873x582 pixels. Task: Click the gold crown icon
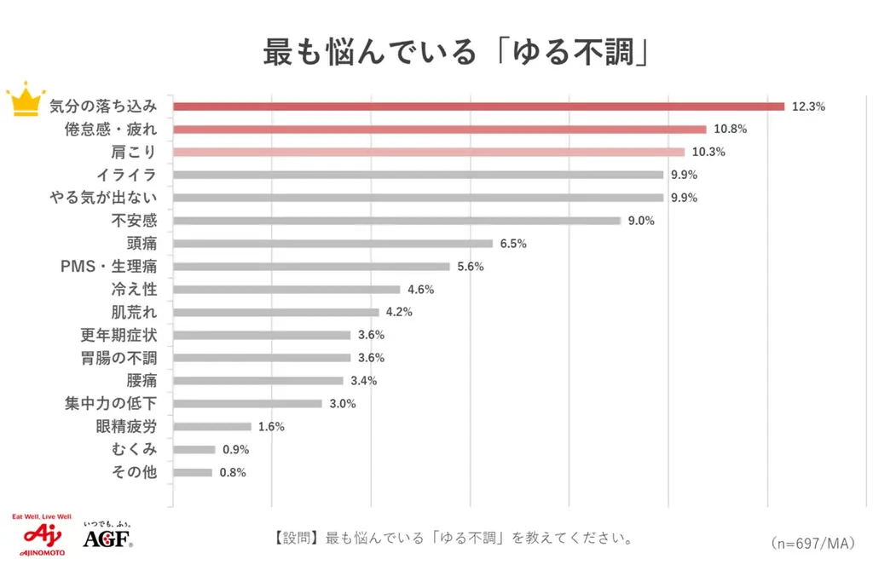tap(26, 100)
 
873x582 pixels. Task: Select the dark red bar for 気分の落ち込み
tap(478, 107)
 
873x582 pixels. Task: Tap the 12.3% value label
tap(808, 107)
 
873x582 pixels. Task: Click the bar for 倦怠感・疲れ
tap(439, 130)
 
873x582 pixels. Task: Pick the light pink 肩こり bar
tap(428, 152)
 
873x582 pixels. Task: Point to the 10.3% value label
tap(708, 152)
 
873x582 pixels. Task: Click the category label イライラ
tap(126, 175)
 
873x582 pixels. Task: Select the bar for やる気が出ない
tap(418, 198)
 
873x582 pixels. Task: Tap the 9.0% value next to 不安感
tap(641, 221)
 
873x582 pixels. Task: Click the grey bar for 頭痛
tap(332, 244)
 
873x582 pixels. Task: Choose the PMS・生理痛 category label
tap(108, 267)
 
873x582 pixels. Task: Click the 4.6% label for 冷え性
tap(420, 290)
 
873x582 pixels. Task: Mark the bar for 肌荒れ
tap(275, 312)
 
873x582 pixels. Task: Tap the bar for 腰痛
tap(257, 381)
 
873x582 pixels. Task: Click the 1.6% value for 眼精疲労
tap(271, 427)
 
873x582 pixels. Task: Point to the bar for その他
tap(192, 472)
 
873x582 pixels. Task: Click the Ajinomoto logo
tap(39, 538)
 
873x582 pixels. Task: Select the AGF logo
tap(107, 538)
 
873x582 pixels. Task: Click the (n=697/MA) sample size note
tap(812, 543)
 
